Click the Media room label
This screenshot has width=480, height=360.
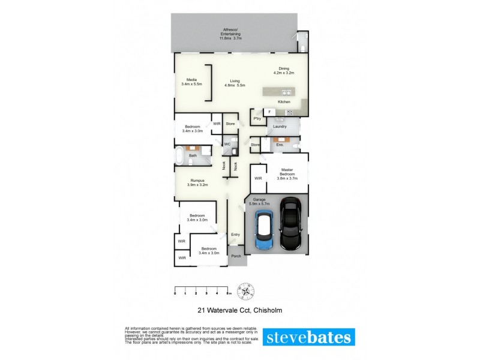coord(191,82)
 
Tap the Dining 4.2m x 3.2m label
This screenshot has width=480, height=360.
coord(283,71)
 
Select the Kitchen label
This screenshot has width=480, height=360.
coord(284,102)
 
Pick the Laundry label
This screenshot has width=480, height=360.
coord(280,127)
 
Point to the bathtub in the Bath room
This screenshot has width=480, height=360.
coord(179,157)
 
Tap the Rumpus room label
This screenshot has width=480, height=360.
coord(198,182)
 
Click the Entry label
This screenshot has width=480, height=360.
coord(235,234)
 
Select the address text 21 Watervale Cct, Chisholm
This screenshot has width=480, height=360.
coord(239,310)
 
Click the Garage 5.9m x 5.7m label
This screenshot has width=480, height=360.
coord(261,201)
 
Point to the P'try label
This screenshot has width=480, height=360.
coord(257,119)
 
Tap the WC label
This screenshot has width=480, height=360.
coord(227,145)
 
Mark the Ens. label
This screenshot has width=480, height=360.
coord(279,145)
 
